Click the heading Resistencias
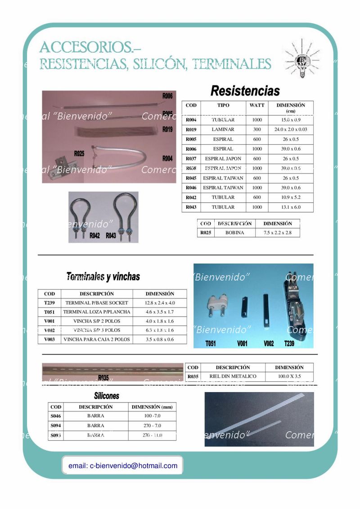[x=245, y=91]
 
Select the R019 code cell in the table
[x=191, y=129]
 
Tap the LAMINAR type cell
[x=223, y=129]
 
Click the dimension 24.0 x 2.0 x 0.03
[x=291, y=129]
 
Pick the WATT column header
[x=257, y=105]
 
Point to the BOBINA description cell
[x=234, y=233]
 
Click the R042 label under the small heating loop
[x=94, y=236]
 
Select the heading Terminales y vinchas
[x=103, y=277]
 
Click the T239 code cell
[x=49, y=303]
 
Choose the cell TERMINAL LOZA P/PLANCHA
[x=97, y=312]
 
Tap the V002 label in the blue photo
[x=269, y=344]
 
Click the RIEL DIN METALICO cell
[x=233, y=376]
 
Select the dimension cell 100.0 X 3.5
[x=289, y=376]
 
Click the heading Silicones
[x=107, y=396]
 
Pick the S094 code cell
[x=56, y=426]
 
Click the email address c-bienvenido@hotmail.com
[x=123, y=466]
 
